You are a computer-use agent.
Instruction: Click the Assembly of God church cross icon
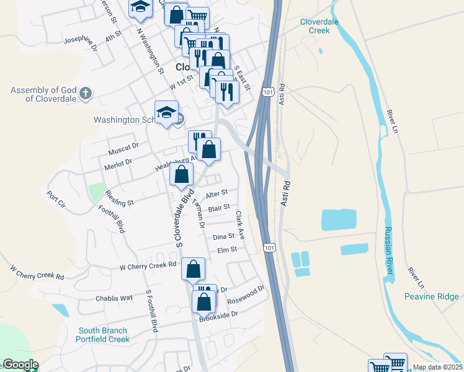pyautogui.click(x=86, y=94)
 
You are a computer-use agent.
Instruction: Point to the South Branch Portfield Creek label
pyautogui.click(x=102, y=335)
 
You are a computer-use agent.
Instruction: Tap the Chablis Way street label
pyautogui.click(x=114, y=298)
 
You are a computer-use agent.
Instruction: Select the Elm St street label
pyautogui.click(x=227, y=250)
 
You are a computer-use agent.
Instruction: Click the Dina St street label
pyautogui.click(x=223, y=236)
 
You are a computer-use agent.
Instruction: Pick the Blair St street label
pyautogui.click(x=219, y=208)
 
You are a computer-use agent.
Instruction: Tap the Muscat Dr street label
pyautogui.click(x=122, y=147)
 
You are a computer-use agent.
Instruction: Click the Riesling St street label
pyautogui.click(x=120, y=198)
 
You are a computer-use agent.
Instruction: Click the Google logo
pyautogui.click(x=20, y=365)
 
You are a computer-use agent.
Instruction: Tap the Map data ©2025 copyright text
pyautogui.click(x=437, y=367)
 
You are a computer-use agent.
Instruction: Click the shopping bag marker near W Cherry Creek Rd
pyautogui.click(x=194, y=269)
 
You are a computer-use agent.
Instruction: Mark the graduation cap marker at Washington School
pyautogui.click(x=166, y=112)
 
